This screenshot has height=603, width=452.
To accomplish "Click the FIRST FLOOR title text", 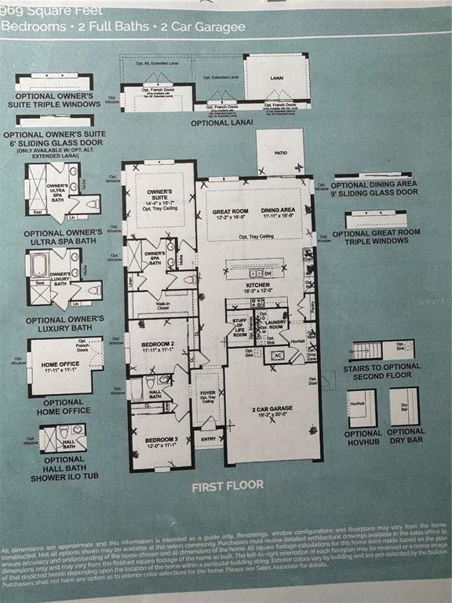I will (228, 486).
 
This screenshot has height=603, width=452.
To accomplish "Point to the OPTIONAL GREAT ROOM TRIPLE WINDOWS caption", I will (370, 236).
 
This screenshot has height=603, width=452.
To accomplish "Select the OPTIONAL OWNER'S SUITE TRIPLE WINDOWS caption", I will (53, 100).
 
